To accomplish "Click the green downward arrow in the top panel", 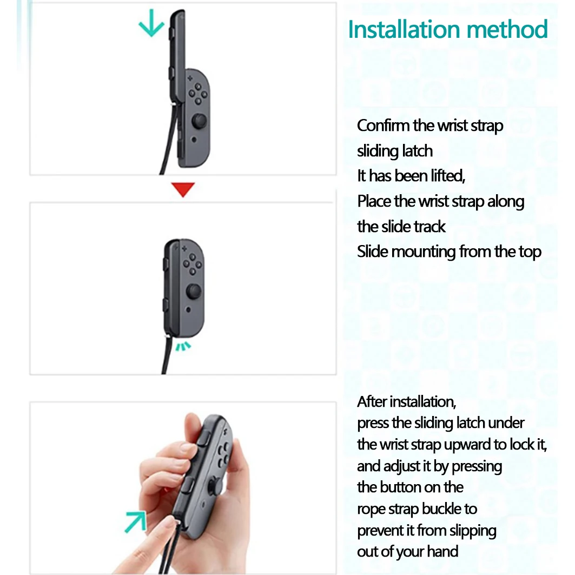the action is point(151,23).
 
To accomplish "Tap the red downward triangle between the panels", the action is point(183,189).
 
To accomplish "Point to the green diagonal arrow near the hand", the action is point(135,521).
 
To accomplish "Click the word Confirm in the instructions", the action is point(383,125).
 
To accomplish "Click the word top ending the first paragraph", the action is point(530,253).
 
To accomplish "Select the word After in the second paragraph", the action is point(372,402).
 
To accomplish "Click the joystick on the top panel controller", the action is point(199,121).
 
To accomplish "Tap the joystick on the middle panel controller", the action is point(194,291).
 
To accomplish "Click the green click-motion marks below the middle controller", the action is point(183,346).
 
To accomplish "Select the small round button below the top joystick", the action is point(194,140).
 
